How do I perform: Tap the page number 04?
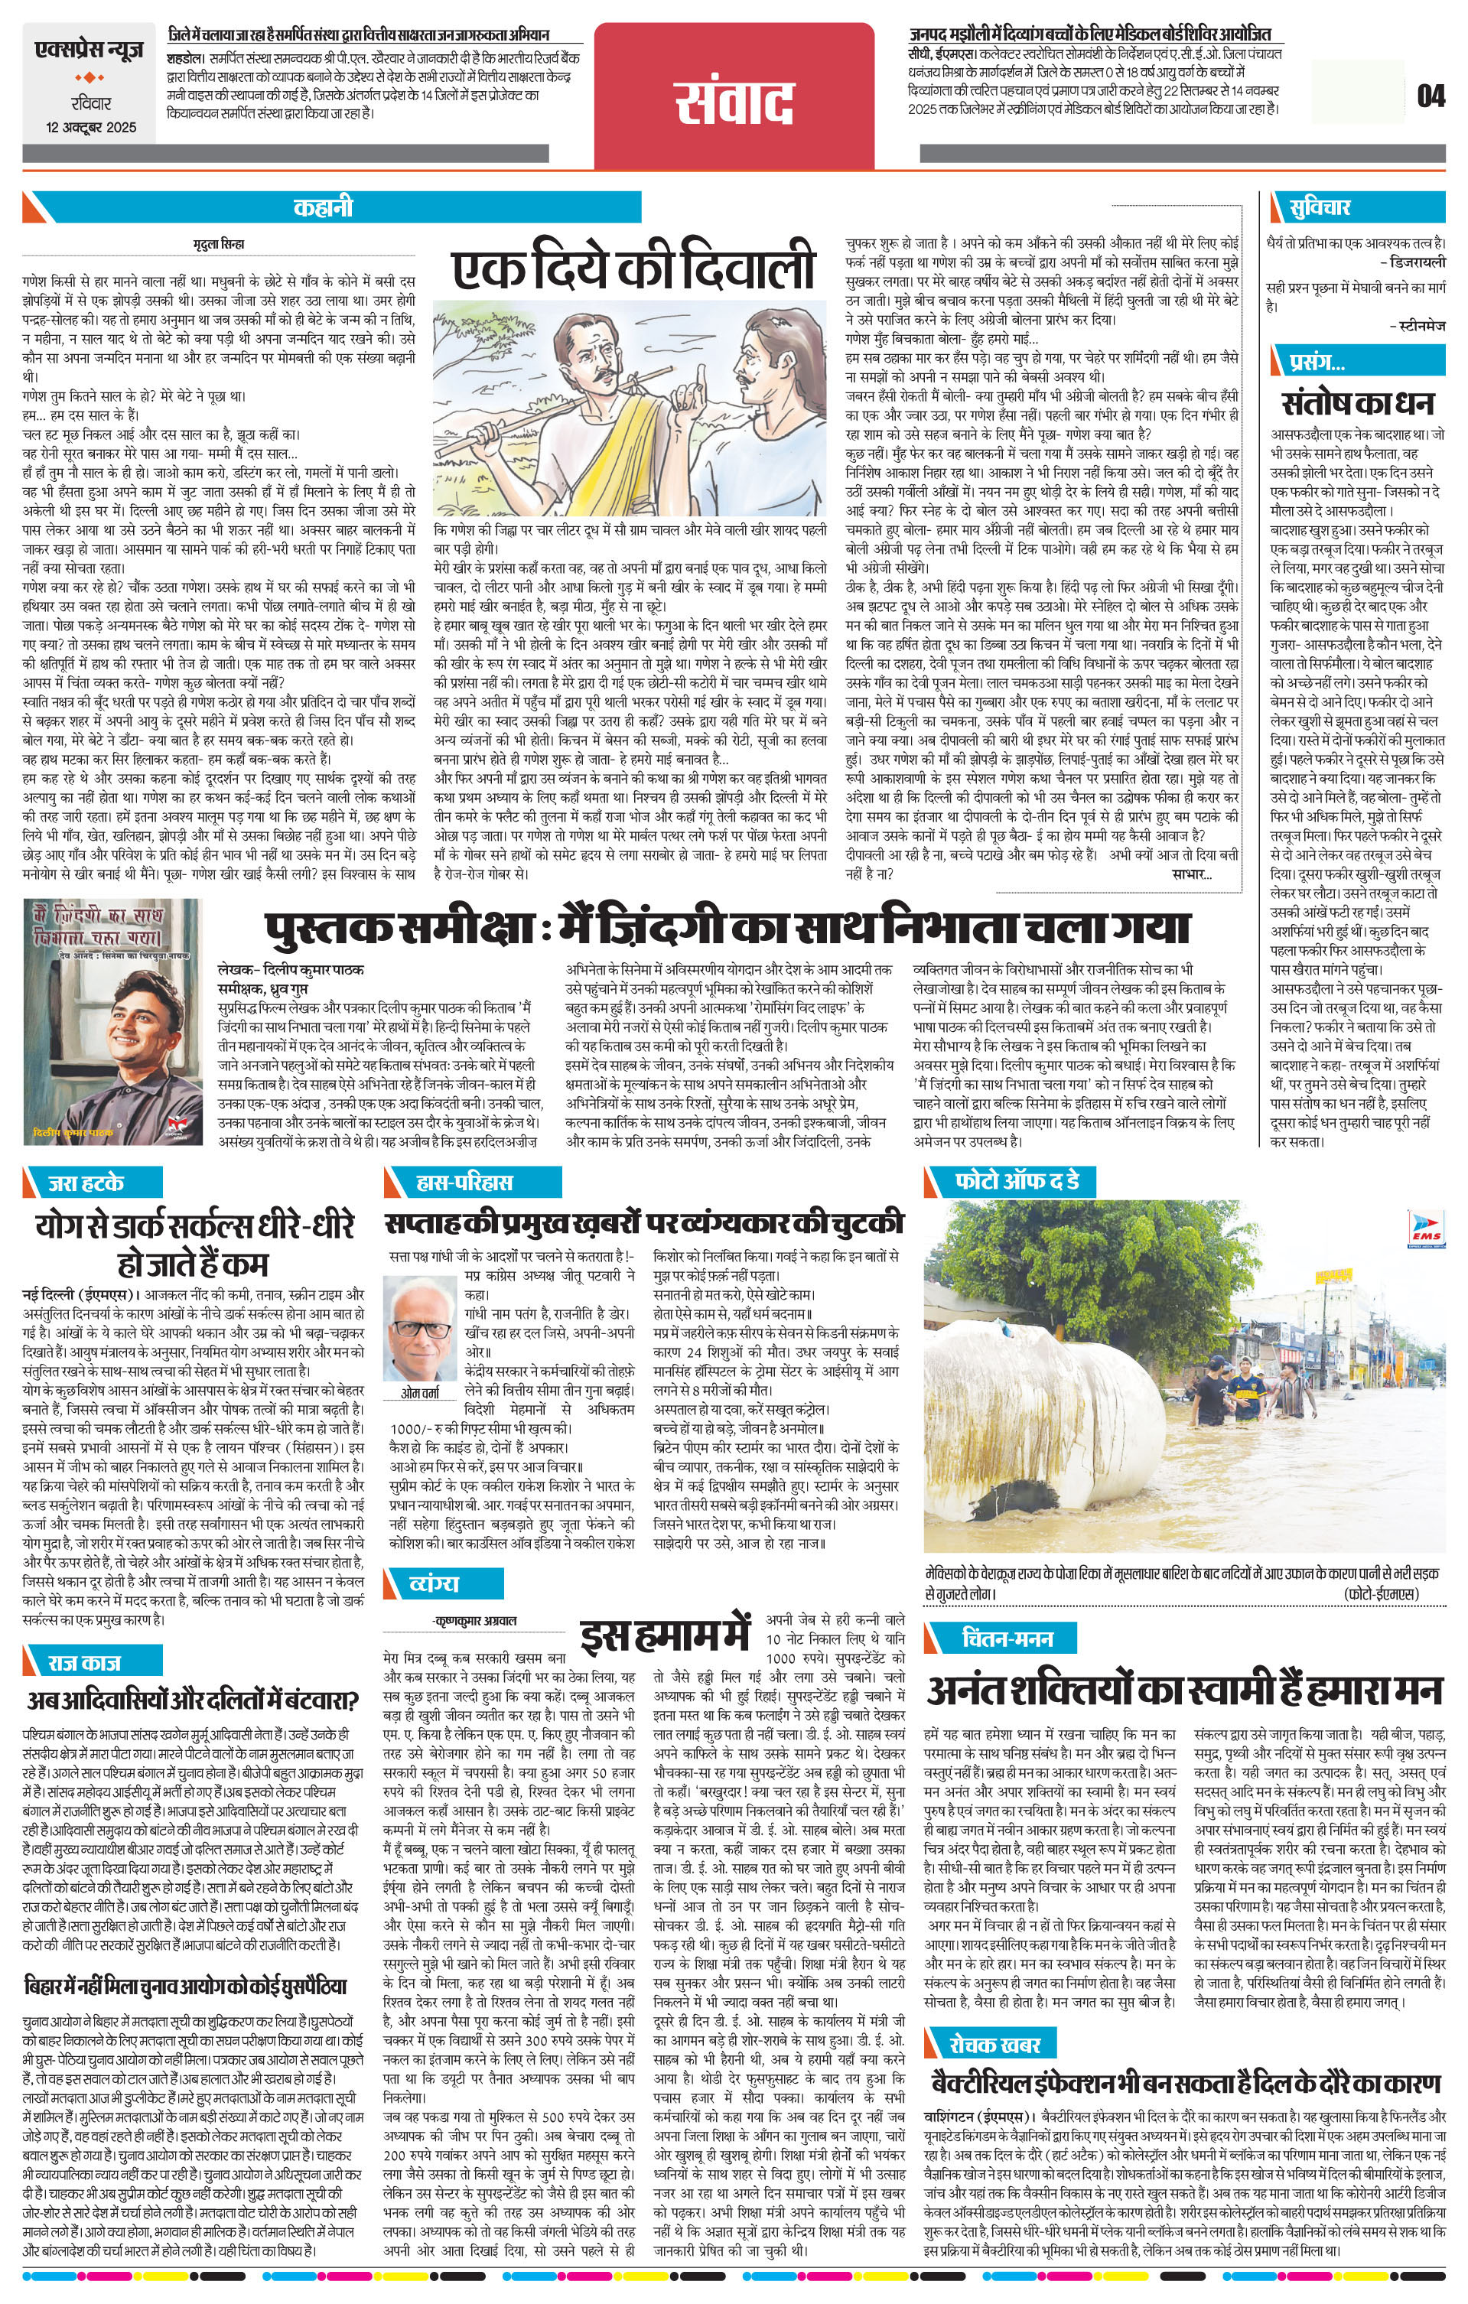(x=1431, y=96)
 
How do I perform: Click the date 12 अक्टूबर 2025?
(x=93, y=127)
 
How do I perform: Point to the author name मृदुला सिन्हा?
(x=219, y=245)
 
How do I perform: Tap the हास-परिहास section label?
(x=451, y=1183)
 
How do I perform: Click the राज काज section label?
(x=84, y=1662)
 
